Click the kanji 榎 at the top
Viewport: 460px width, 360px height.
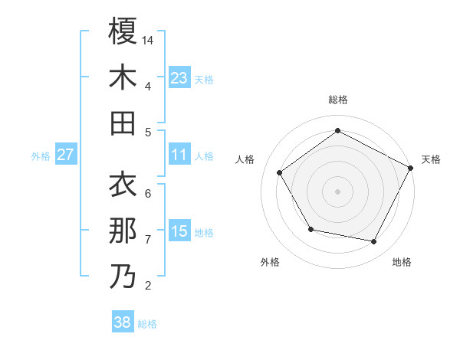point(123,31)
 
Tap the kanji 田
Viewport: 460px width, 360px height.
point(123,123)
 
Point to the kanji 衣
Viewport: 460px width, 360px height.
point(123,185)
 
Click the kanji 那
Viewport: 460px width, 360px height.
point(123,231)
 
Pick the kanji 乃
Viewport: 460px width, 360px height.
point(123,277)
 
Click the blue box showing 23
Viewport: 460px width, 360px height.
point(179,77)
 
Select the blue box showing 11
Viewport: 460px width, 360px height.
point(179,155)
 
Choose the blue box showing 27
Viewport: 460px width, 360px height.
point(65,155)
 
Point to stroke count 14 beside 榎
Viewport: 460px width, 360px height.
point(148,39)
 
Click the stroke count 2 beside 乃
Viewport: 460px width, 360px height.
point(148,286)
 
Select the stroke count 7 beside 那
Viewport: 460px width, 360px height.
point(148,239)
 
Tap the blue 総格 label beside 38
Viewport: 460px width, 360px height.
point(147,324)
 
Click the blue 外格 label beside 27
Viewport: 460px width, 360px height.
point(41,156)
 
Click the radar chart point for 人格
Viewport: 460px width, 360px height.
point(280,172)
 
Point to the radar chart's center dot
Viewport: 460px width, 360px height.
point(337,191)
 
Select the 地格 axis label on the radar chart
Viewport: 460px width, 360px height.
point(402,262)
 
